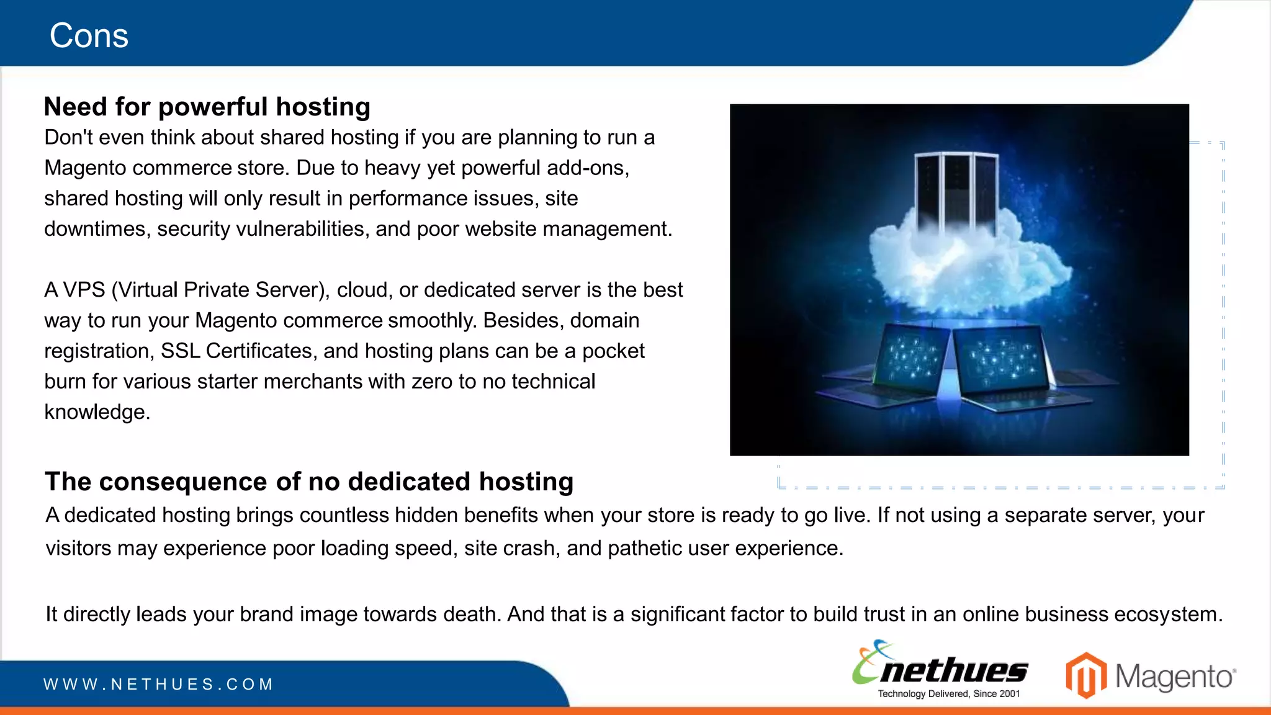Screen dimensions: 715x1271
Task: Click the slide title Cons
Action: tap(89, 35)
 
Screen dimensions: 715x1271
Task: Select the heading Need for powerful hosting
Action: tap(207, 107)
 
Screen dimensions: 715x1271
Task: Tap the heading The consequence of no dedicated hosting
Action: tap(308, 482)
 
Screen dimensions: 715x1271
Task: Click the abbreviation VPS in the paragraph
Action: tap(84, 290)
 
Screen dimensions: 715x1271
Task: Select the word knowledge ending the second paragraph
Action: tap(97, 412)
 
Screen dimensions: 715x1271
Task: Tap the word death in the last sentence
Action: tap(471, 614)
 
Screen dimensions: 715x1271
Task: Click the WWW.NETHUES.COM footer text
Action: tap(158, 685)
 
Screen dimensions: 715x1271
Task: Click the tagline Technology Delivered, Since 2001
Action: tap(948, 694)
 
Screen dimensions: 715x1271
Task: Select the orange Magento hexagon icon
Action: tap(1086, 675)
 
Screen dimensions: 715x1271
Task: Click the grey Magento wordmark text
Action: tap(1175, 677)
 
